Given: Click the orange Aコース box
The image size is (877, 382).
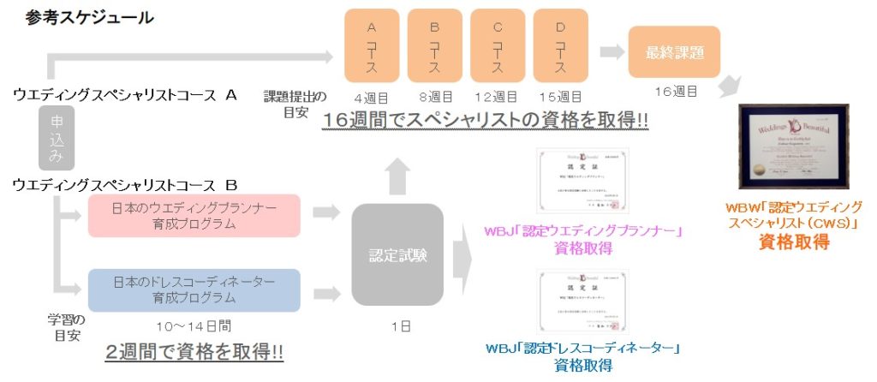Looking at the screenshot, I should point(372,45).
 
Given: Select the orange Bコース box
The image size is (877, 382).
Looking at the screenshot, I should point(434,45).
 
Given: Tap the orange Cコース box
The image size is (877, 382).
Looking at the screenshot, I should point(497,45).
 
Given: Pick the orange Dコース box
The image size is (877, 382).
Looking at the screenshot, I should point(560,45).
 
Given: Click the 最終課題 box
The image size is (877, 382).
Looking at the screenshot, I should point(674,52).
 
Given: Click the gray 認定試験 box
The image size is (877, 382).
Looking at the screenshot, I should point(397,254).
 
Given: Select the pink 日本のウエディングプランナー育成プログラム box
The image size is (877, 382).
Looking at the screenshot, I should point(194,216).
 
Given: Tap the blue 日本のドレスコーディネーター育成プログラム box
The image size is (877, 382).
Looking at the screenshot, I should point(194,289).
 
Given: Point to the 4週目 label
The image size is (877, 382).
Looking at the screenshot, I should point(372,98).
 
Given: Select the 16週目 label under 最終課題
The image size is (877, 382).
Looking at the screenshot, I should point(674,90).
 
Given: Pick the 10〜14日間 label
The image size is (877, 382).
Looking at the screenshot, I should point(194,325).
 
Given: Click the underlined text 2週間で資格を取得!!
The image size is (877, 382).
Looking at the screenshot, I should point(194,352).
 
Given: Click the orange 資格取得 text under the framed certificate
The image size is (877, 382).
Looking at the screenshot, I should point(794,242).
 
